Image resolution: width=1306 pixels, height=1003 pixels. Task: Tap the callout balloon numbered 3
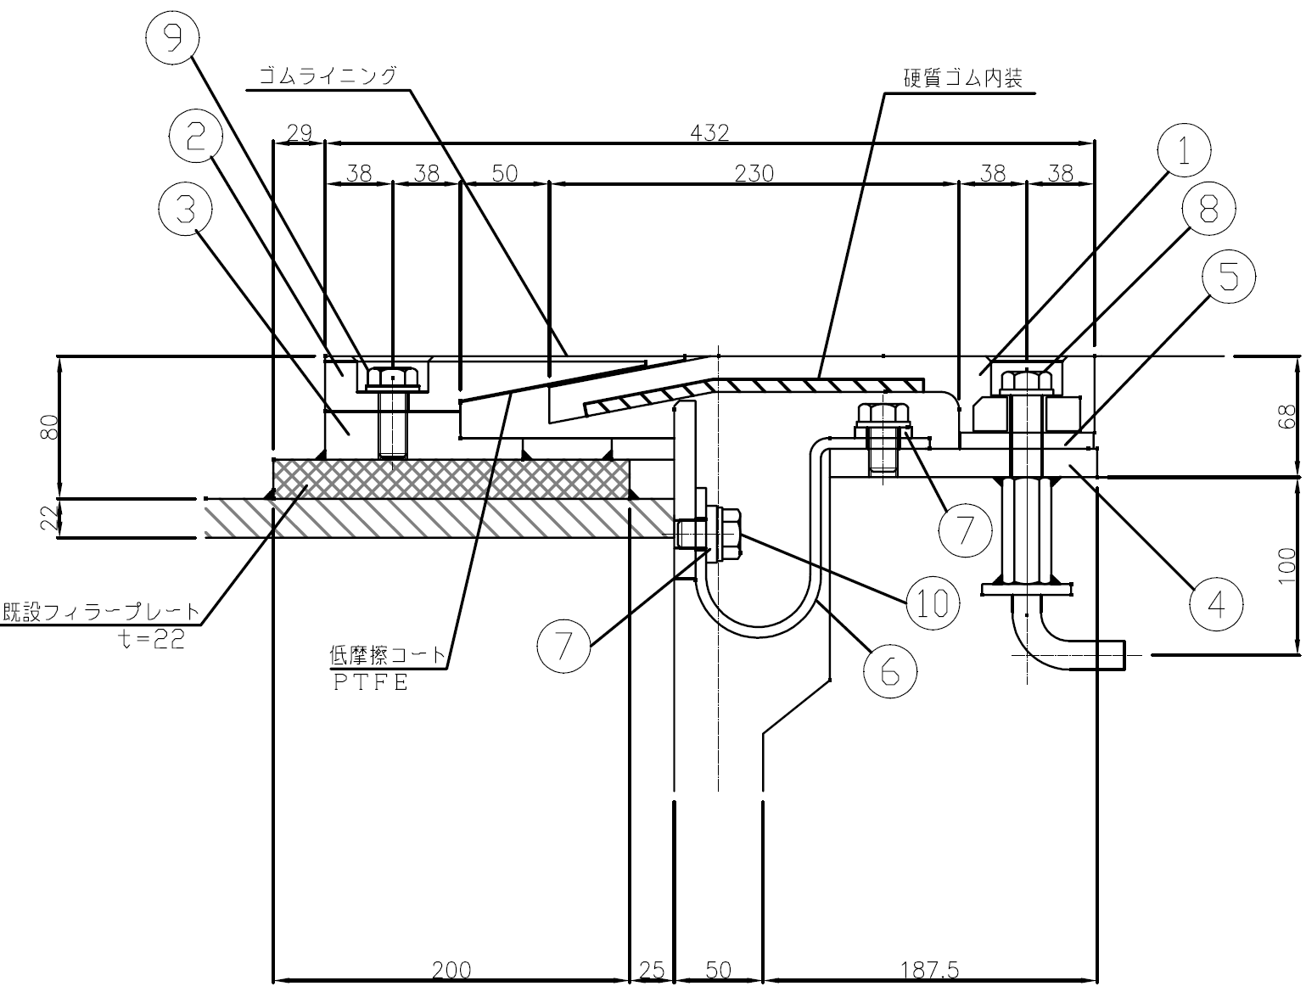185,209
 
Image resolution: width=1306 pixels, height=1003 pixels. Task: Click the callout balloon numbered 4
1215,604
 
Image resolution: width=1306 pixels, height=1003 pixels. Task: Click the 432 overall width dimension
709,132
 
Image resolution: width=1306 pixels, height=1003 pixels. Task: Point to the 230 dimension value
754,173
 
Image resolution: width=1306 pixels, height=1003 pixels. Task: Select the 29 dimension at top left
300,132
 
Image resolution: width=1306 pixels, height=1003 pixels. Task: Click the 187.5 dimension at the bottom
929,970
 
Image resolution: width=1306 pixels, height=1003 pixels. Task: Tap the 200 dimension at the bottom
451,970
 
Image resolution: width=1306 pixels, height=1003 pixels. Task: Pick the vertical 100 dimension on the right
1286,567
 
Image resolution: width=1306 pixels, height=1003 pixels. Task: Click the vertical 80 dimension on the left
49,426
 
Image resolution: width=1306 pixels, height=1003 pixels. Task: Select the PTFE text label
370,682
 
